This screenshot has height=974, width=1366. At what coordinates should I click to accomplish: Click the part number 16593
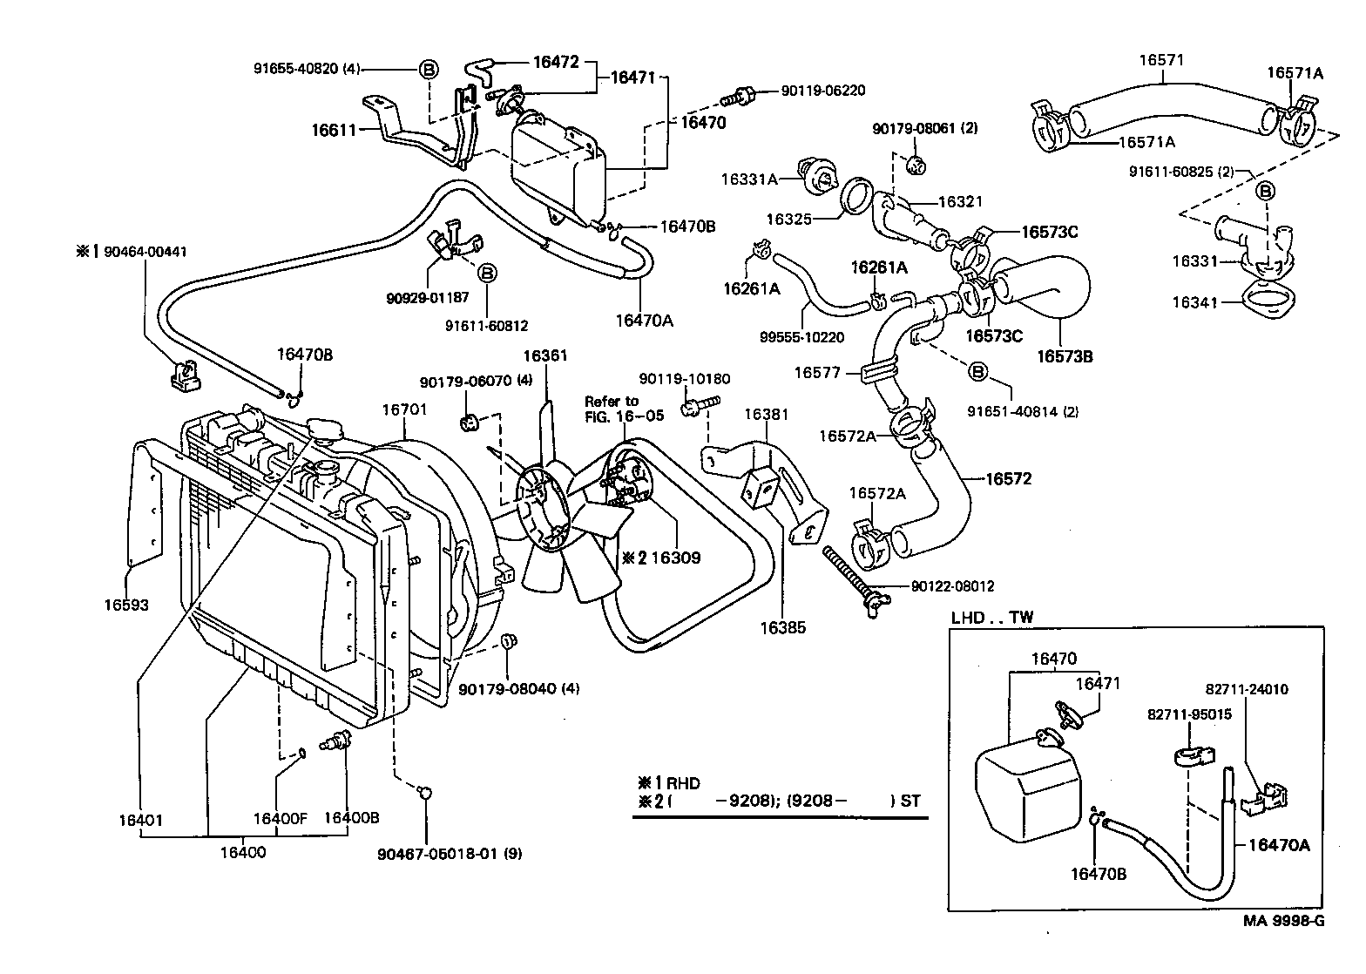[x=126, y=605]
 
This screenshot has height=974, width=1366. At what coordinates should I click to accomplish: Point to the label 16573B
[x=1065, y=356]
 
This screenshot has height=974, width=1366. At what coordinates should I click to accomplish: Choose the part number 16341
[x=1193, y=302]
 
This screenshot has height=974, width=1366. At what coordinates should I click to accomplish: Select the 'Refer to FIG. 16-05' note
[x=624, y=409]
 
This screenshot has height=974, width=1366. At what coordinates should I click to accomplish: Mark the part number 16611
[x=334, y=131]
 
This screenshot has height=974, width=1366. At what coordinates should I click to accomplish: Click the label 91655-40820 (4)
[x=307, y=68]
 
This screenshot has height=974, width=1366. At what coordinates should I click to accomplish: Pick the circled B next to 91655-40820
[x=429, y=69]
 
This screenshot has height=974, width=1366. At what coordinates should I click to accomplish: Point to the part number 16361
[x=544, y=355]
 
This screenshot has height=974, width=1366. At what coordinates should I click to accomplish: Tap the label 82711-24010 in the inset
[x=1247, y=689]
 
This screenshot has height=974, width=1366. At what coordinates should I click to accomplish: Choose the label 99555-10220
[x=788, y=336]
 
